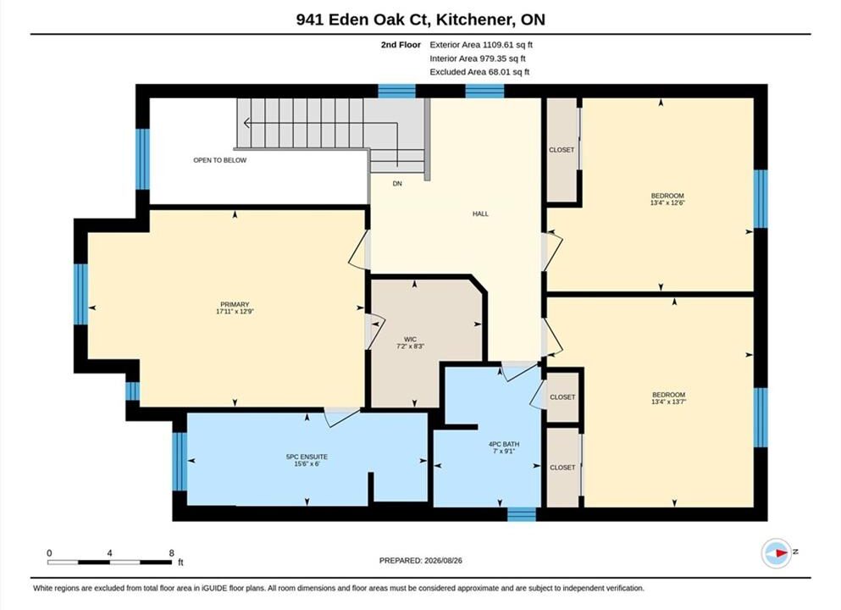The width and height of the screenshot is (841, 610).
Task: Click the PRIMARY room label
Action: point(235,304)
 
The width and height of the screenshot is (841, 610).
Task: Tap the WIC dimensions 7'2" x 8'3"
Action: point(410,347)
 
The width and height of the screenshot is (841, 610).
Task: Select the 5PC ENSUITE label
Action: point(307,457)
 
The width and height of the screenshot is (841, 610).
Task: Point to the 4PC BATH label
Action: point(504,444)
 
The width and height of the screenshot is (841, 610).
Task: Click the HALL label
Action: point(480,213)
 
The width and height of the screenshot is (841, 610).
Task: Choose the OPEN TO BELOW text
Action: point(220,160)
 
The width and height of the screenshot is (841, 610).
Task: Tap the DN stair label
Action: point(397,184)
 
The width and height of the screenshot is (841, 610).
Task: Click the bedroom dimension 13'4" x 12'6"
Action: point(667,202)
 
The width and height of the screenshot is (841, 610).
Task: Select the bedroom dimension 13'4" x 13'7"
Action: point(669,402)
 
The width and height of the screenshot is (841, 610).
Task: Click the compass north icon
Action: point(776,553)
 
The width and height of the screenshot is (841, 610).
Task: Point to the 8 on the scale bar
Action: point(172,553)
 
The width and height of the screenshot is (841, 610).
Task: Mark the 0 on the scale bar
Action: point(49,553)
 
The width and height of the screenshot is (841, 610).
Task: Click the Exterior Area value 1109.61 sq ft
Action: point(507,45)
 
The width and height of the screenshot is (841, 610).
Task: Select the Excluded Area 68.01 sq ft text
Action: point(479,72)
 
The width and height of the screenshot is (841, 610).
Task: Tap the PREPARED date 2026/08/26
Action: point(442,561)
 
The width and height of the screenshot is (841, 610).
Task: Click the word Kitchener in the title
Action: point(472,19)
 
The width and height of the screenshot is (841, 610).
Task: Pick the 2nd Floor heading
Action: point(401,45)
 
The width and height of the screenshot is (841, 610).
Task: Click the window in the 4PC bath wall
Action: point(522,514)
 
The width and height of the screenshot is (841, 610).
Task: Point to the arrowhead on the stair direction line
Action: point(246,124)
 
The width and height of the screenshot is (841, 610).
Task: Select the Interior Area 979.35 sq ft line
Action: point(478,58)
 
